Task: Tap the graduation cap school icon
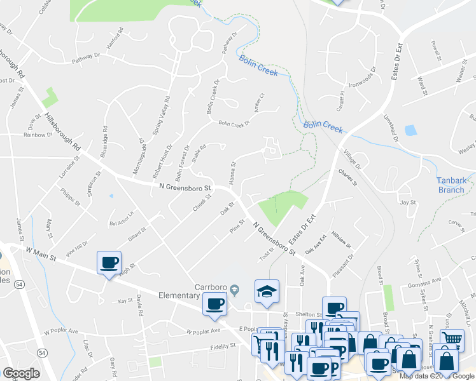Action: pyautogui.click(x=267, y=290)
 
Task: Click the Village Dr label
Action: pyautogui.click(x=352, y=159)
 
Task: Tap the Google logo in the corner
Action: pyautogui.click(x=21, y=373)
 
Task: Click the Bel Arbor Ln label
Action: pyautogui.click(x=123, y=218)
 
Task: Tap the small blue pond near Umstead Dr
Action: pyautogui.click(x=410, y=130)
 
